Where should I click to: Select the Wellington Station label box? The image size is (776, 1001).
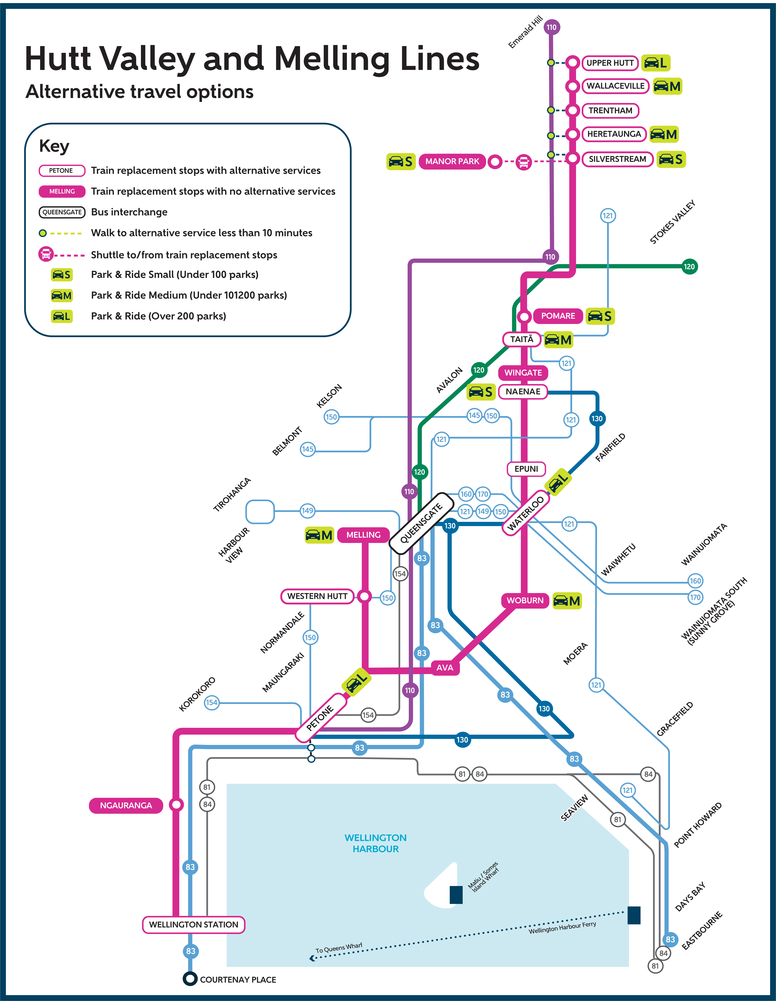coord(194,924)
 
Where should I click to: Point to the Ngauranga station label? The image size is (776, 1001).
coord(126,805)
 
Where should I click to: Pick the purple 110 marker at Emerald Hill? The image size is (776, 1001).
coord(551,27)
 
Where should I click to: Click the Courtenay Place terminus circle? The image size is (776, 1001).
coord(190,979)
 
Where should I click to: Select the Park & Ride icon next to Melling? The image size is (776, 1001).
coord(319,535)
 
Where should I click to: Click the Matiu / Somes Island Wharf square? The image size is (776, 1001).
coord(456,895)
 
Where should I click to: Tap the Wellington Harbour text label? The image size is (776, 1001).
coord(376,843)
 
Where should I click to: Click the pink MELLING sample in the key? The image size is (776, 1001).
coord(62,191)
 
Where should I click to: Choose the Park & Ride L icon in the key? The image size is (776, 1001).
coord(62,316)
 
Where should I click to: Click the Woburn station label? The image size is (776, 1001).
coord(525,600)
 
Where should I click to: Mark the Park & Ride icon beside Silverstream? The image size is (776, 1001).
coord(670,159)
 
